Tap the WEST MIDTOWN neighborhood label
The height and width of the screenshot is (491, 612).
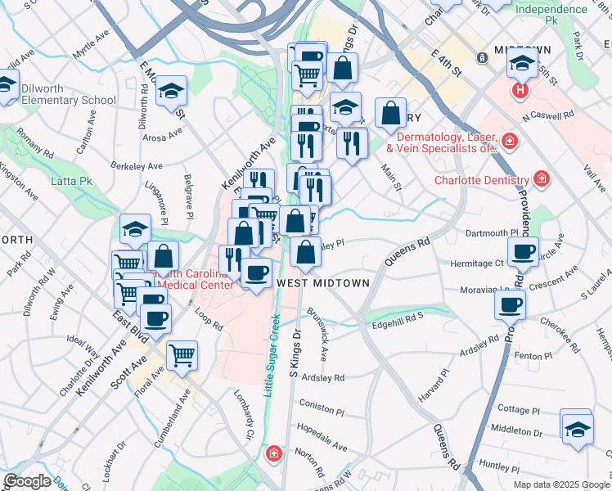click(324, 282)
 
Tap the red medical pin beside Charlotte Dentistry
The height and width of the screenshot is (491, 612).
click(541, 178)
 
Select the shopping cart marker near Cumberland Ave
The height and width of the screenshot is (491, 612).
click(182, 355)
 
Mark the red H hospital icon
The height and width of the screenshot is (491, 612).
click(519, 90)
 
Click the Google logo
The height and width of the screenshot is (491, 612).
click(27, 482)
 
